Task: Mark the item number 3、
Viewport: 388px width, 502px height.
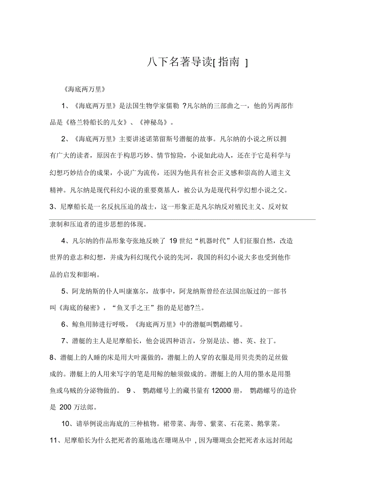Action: (54, 207)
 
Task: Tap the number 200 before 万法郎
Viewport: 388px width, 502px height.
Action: (66, 407)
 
